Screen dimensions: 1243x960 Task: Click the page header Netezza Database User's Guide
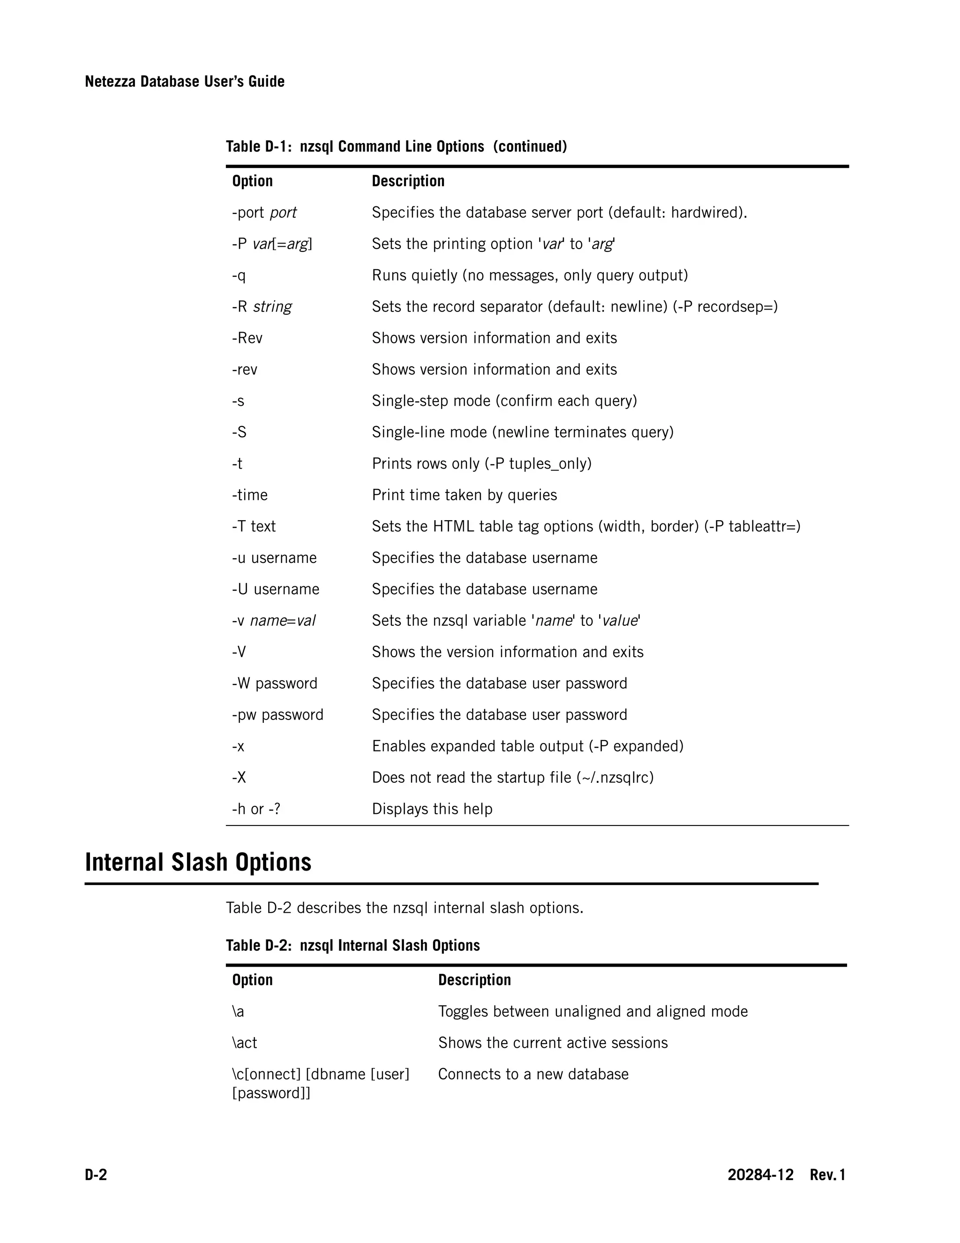pos(184,82)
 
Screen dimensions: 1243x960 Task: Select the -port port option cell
pos(264,213)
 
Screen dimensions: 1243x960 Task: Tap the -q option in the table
pos(239,275)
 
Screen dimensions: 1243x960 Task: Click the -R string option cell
pos(262,307)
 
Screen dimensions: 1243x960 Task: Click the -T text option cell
pos(254,526)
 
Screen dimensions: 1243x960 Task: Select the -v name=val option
pos(274,621)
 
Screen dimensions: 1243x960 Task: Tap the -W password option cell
pos(275,683)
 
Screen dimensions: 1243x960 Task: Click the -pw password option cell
pos(277,715)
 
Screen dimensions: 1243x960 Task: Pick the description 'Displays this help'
pos(432,809)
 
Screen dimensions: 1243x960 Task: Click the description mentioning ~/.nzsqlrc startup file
pos(512,777)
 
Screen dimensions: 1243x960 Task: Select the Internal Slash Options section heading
pos(198,862)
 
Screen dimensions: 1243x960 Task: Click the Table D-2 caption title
pos(352,945)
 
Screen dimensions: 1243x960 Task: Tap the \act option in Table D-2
pos(245,1043)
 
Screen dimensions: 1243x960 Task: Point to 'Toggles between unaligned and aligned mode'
pos(592,1011)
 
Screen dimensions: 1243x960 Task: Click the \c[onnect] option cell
pos(320,1083)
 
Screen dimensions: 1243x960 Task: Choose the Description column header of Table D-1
pos(408,181)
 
